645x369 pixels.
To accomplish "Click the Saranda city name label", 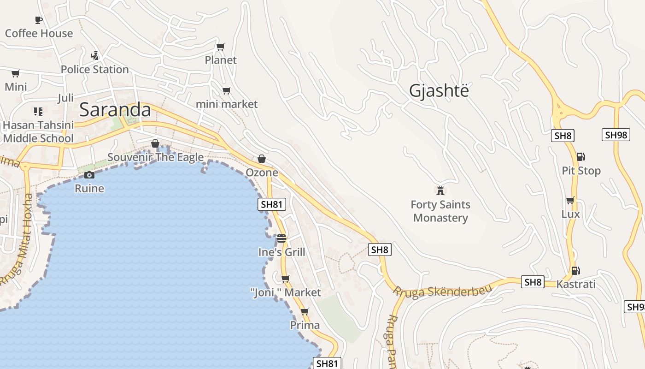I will [x=115, y=110].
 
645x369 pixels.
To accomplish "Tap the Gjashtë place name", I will [x=439, y=91].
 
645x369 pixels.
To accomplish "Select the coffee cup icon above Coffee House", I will [x=39, y=20].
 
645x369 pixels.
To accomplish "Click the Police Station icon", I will [x=94, y=56].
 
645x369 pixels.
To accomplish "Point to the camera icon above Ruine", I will [x=89, y=175].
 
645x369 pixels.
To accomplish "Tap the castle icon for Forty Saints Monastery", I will [x=440, y=190].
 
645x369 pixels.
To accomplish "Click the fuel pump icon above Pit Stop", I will [x=581, y=157].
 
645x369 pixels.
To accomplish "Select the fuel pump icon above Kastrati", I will [x=575, y=271].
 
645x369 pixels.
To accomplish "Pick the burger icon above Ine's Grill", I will [x=281, y=238].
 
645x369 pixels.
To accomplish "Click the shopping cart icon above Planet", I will [x=221, y=47].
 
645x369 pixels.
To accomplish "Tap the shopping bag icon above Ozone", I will [x=262, y=159].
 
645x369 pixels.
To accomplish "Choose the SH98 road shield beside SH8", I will [x=616, y=135].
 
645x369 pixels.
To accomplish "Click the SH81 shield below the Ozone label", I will [x=272, y=204].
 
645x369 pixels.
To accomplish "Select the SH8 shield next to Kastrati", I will [x=533, y=282].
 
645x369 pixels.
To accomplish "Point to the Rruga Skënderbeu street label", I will [x=442, y=291].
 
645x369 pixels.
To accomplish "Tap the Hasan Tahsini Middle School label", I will [x=38, y=131].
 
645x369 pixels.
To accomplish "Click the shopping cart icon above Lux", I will [x=570, y=201].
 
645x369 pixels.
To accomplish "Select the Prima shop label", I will [x=305, y=325].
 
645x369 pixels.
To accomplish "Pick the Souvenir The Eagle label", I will [x=155, y=157].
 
